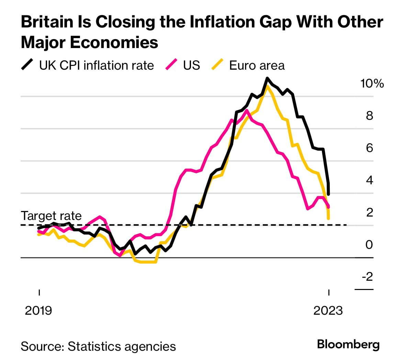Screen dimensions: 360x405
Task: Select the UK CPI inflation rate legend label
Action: click(x=97, y=65)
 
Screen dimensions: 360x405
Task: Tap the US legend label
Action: click(x=191, y=65)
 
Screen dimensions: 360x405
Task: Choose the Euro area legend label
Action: click(x=257, y=66)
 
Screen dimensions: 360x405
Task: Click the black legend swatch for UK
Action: click(x=27, y=65)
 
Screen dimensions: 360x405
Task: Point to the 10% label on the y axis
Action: click(x=372, y=83)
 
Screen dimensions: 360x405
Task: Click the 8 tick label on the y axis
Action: click(x=369, y=116)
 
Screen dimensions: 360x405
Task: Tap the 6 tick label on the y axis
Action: click(x=369, y=148)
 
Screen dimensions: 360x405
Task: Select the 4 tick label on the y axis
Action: click(x=369, y=180)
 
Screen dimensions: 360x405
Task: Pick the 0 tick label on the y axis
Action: click(x=369, y=245)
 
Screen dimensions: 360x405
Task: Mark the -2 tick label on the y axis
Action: click(x=367, y=277)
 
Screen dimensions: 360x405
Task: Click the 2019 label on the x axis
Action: click(x=38, y=310)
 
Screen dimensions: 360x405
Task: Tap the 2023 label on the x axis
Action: click(x=328, y=310)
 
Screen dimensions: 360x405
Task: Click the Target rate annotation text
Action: click(x=51, y=216)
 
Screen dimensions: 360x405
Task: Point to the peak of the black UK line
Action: click(x=267, y=79)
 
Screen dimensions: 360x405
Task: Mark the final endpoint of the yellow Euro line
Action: click(x=329, y=218)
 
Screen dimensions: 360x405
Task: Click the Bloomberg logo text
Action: click(x=348, y=344)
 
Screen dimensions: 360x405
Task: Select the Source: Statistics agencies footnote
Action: click(x=98, y=346)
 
